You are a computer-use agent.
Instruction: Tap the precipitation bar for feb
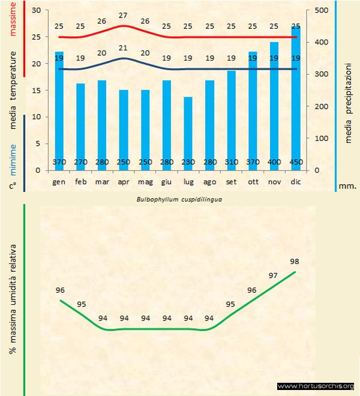pos(81,127)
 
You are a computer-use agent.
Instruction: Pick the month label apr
pos(124,181)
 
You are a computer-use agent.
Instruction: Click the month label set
pos(231,181)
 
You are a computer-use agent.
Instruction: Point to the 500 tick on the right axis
pos(321,11)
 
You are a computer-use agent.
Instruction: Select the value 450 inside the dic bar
pos(296,162)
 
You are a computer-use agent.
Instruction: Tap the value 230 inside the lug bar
pos(188,162)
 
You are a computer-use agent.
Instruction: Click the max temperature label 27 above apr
pos(124,16)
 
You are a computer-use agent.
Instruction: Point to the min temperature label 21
pos(124,48)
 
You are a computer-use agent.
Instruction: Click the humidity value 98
pos(294,261)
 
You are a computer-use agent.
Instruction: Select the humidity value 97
pos(273,275)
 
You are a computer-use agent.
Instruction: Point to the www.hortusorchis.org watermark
pos(316,386)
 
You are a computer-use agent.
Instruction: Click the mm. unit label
pos(348,186)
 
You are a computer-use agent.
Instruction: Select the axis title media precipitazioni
pos(349,90)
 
